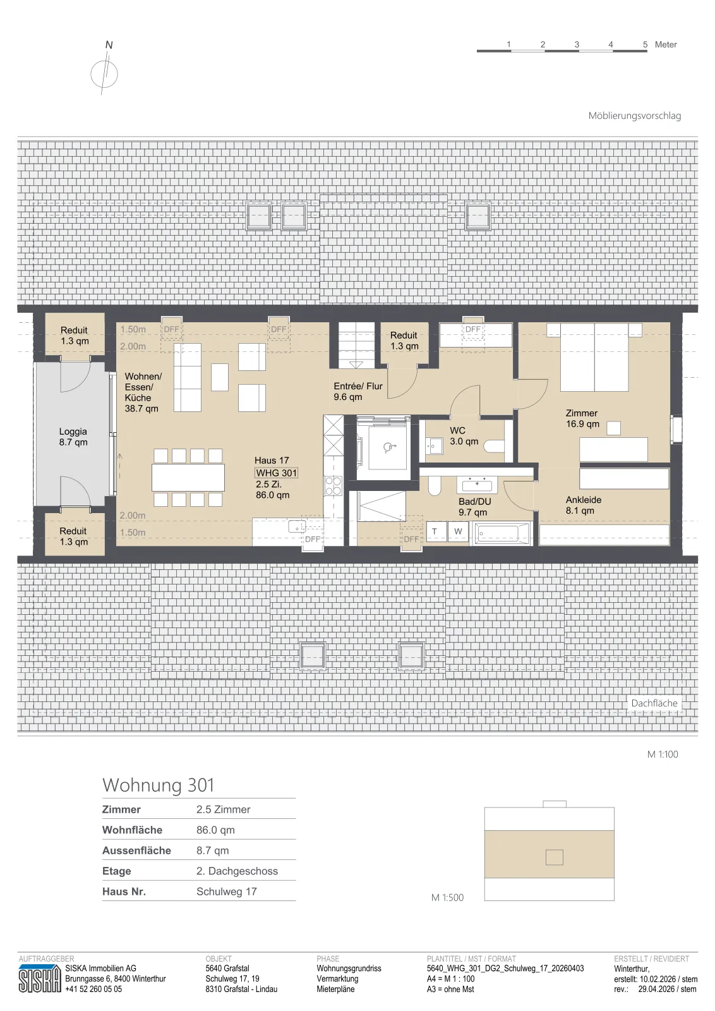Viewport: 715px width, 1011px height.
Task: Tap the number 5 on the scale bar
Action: [645, 44]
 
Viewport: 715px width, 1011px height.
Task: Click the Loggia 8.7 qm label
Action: [73, 437]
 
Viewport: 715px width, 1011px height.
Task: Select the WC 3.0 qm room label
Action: [464, 436]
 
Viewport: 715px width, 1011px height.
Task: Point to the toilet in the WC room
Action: [494, 447]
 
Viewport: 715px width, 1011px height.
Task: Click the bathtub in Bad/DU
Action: [502, 533]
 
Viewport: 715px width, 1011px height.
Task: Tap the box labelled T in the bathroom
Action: [435, 531]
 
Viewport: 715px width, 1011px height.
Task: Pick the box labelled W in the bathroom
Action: [459, 531]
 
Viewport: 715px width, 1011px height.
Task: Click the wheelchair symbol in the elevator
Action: [387, 447]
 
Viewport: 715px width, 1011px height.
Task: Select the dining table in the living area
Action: [188, 478]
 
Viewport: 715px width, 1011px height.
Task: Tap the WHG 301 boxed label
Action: [276, 473]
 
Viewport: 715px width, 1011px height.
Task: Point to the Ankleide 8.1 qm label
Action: [583, 505]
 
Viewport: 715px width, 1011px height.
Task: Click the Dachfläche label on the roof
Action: [654, 703]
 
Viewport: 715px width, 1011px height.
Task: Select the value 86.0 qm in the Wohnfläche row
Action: [215, 830]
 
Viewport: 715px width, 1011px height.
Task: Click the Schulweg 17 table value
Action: [227, 892]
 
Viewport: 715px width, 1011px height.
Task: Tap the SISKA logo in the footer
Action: [40, 979]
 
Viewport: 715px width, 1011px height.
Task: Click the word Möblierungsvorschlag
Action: [634, 116]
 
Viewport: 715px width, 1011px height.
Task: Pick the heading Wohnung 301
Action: [159, 785]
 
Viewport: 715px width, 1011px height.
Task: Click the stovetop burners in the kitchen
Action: [333, 486]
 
